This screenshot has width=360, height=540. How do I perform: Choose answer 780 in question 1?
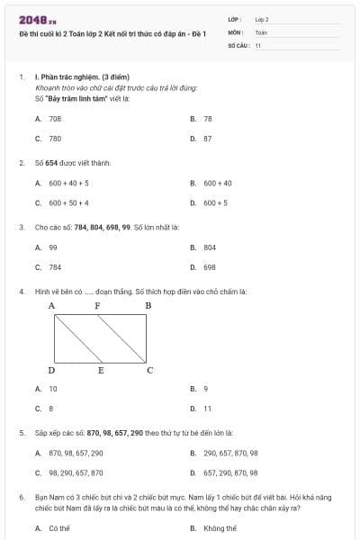tap(55, 139)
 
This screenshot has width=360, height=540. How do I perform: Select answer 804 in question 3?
tap(209, 247)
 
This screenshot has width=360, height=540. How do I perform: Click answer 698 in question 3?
tap(209, 267)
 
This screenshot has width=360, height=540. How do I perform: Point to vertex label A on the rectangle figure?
tap(51, 306)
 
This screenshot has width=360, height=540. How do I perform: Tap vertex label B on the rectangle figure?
tap(148, 306)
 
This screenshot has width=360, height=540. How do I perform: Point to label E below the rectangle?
tap(101, 370)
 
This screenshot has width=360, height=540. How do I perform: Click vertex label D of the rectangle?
tap(51, 370)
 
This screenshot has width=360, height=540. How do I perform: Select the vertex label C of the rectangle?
tap(149, 370)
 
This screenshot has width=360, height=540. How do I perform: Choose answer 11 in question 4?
tap(207, 409)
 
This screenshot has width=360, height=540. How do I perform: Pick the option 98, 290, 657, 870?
tap(76, 472)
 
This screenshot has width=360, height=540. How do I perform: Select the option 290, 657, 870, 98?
tap(230, 453)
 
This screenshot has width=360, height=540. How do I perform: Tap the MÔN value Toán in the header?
tap(261, 31)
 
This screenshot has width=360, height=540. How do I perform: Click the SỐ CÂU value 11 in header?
tap(257, 43)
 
